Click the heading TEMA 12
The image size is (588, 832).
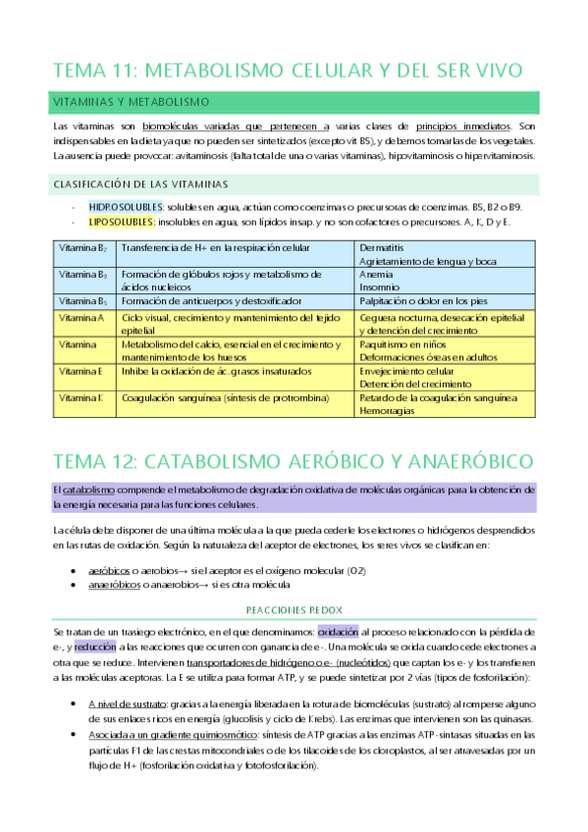tap(292, 460)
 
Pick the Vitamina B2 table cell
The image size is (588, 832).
tap(82, 248)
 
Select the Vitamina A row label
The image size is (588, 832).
tap(81, 318)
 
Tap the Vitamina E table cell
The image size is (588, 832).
tap(81, 371)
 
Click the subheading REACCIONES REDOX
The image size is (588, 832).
tap(294, 607)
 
